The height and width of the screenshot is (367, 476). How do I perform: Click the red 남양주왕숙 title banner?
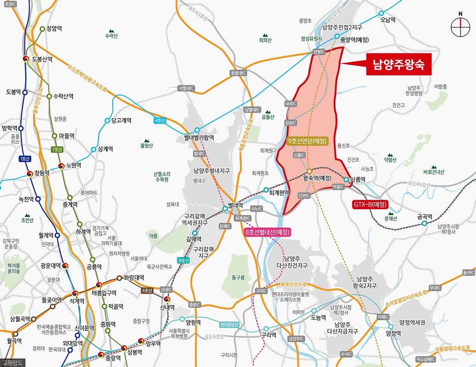click(x=398, y=65)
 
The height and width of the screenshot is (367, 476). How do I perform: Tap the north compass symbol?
click(x=461, y=27)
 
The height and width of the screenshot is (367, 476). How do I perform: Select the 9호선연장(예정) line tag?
click(x=307, y=142)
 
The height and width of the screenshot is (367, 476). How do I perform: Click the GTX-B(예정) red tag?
click(x=370, y=205)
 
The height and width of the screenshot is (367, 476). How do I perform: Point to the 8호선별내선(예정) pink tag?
click(x=267, y=232)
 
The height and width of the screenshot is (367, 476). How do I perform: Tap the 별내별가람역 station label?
click(x=199, y=138)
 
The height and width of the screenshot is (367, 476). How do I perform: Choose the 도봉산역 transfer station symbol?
click(x=26, y=59)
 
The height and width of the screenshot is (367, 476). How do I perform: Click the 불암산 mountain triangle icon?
click(x=146, y=140)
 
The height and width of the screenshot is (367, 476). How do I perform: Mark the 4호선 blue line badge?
click(x=160, y=120)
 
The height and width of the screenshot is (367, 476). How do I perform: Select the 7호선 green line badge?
click(x=57, y=149)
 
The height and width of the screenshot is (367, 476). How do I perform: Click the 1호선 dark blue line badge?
click(x=25, y=159)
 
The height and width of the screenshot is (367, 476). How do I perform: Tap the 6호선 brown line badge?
click(x=147, y=291)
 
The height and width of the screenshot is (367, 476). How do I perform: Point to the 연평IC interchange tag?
click(x=319, y=52)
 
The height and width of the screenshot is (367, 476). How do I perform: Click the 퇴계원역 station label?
click(x=279, y=192)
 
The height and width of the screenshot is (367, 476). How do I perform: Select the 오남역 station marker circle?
click(x=381, y=13)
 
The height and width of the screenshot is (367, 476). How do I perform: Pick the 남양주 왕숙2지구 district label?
click(x=365, y=282)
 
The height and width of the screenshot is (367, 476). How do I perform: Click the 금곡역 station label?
click(x=424, y=217)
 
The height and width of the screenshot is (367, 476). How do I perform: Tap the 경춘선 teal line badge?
click(x=183, y=260)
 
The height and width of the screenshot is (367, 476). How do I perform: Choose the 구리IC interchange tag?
click(x=261, y=291)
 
